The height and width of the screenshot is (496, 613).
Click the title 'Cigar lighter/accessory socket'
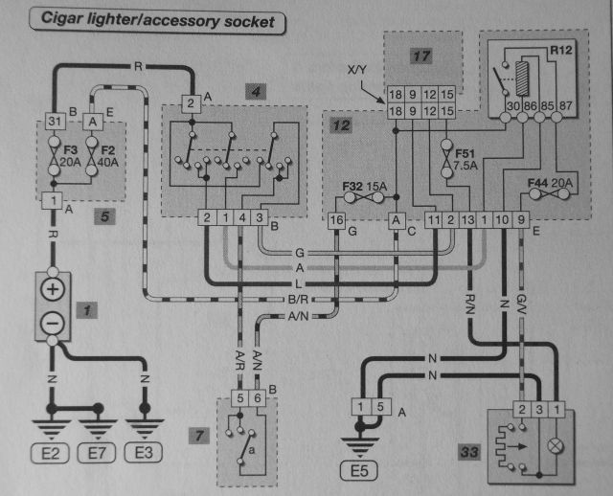click(x=158, y=20)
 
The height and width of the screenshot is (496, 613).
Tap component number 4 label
click(x=254, y=92)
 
